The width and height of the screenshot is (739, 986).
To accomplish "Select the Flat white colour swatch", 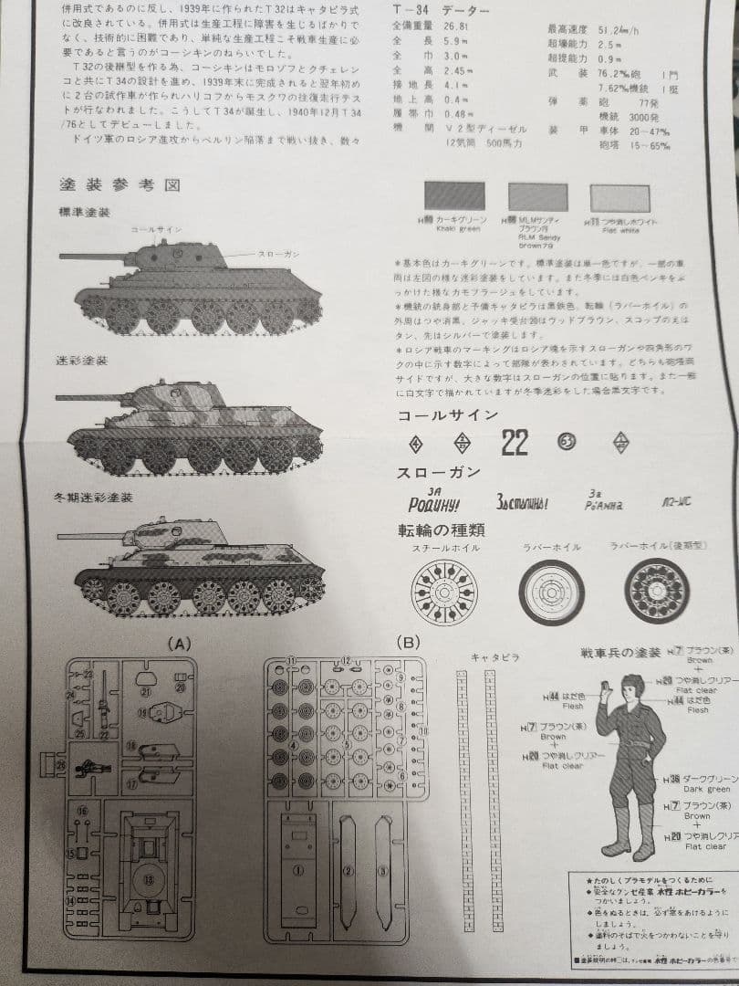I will pos(620,197).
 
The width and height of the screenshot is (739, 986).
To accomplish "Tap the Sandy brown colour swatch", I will pos(538,196).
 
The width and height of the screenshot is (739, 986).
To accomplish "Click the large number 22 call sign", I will pos(515,444).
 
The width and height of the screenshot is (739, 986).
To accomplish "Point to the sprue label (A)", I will pos(180,644).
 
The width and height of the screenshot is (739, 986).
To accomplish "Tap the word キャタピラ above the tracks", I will pos(494,656).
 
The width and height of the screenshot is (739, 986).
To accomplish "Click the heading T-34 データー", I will pos(440,10).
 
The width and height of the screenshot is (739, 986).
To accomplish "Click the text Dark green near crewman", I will pos(706,789).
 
